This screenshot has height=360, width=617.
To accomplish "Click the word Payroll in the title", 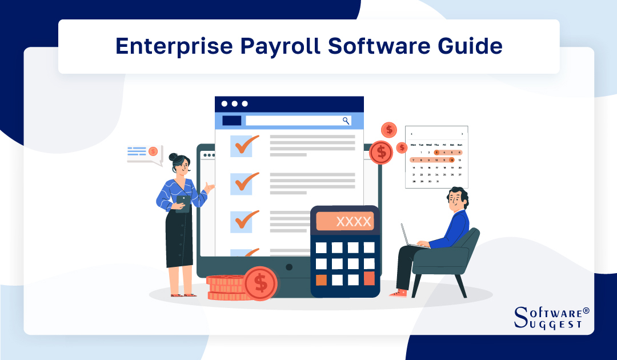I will tap(286, 46).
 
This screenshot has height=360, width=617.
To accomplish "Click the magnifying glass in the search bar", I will tap(346, 121).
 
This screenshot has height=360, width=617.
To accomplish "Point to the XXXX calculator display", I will tap(345, 221).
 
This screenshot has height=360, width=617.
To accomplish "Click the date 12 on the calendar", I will tap(452, 160).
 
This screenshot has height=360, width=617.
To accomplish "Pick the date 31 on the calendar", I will tap(436, 182).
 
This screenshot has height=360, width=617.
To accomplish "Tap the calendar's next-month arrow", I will tap(462, 134).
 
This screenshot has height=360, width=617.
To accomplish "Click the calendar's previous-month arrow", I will tap(411, 134).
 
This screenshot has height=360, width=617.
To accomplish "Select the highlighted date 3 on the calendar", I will tap(436, 153).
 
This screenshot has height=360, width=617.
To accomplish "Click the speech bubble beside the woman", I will tap(143, 152).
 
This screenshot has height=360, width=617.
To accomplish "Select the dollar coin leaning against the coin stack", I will tap(261, 282).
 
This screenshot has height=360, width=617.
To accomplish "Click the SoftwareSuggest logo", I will tap(551, 318).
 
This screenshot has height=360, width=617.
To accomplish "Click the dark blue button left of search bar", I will tap(231, 121).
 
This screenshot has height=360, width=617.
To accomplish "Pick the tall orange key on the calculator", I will tap(369, 278).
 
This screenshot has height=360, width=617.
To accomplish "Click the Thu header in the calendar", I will tap(436, 145).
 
